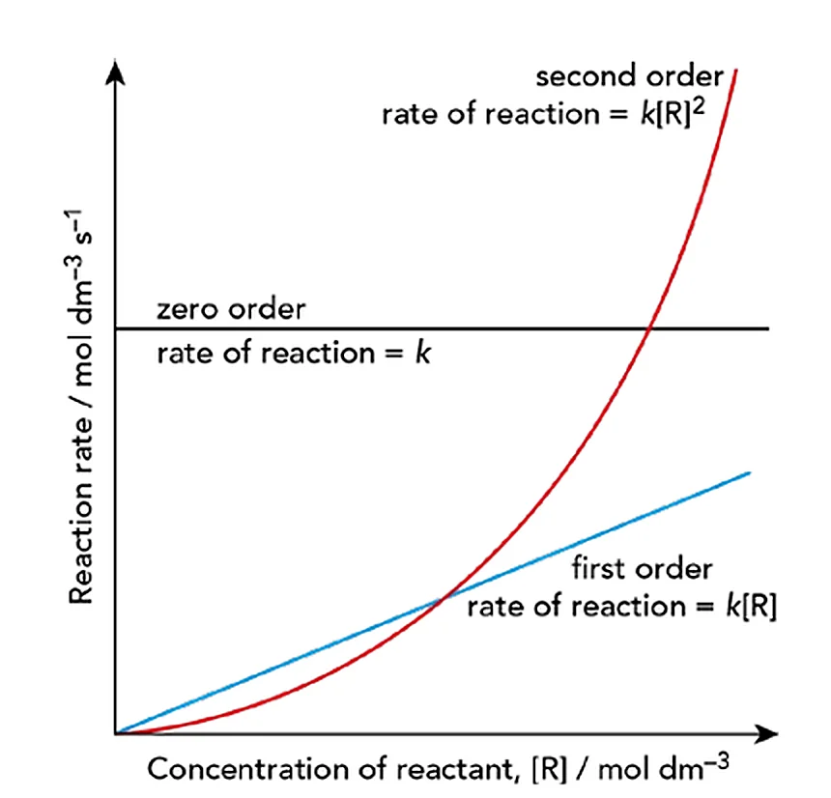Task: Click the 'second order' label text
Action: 630,77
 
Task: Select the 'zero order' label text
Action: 231,309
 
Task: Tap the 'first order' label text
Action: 642,569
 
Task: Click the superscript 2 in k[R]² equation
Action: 699,107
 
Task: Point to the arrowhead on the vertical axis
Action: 115,71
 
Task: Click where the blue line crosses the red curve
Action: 444,599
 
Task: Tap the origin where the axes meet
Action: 116,734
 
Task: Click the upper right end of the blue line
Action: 750,472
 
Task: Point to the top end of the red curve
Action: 736,70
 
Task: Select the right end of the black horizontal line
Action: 768,329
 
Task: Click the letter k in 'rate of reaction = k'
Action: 422,353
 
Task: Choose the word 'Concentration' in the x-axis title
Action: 248,769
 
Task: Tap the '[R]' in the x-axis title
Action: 549,769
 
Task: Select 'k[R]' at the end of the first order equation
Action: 751,607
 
